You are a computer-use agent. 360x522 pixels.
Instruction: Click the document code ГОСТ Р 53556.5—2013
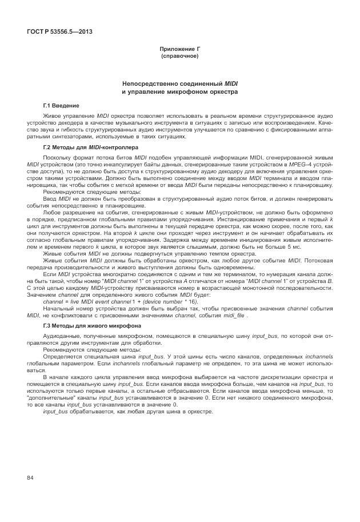coord(59,31)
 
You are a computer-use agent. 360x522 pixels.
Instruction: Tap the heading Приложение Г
coord(179,50)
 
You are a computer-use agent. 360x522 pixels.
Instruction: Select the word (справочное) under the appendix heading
coord(179,57)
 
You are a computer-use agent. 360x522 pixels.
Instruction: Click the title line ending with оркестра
coord(179,91)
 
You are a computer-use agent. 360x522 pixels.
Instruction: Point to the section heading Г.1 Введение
coord(61,106)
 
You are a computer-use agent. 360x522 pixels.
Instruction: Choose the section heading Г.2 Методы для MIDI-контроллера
coord(87,147)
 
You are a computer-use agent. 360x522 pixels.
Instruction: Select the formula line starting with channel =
coord(121,301)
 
